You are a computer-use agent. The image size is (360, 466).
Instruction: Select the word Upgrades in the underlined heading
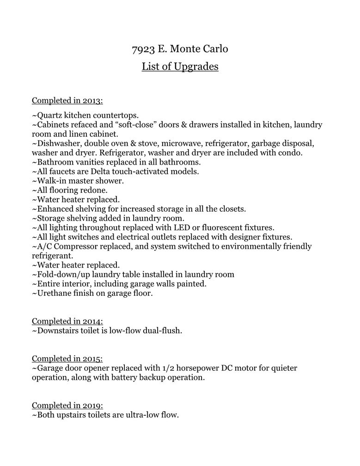pos(195,67)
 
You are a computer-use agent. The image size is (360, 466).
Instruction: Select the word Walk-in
pos(51,180)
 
